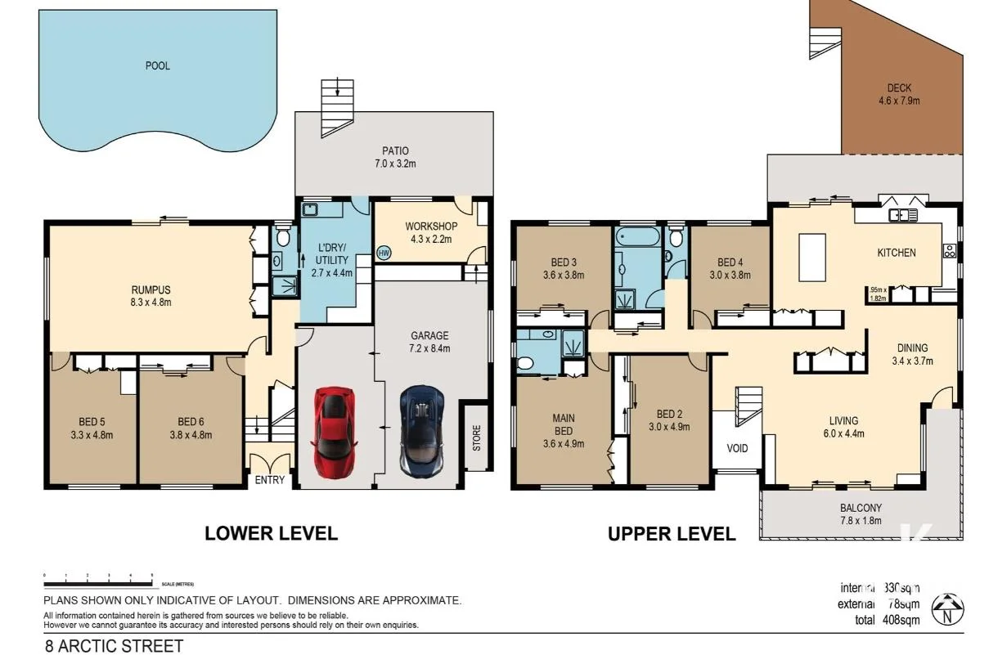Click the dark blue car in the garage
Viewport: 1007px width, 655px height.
[422, 429]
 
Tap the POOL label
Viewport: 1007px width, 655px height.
[158, 65]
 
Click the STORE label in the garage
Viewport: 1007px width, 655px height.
[476, 436]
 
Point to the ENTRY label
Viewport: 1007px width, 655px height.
[269, 480]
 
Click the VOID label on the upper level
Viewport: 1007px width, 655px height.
[737, 448]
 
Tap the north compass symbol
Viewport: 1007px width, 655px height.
[947, 608]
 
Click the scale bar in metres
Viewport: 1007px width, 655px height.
[98, 581]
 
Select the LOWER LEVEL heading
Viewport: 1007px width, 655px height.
[271, 534]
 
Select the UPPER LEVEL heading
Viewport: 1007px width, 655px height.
[671, 535]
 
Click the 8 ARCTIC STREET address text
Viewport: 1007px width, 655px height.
[114, 646]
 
